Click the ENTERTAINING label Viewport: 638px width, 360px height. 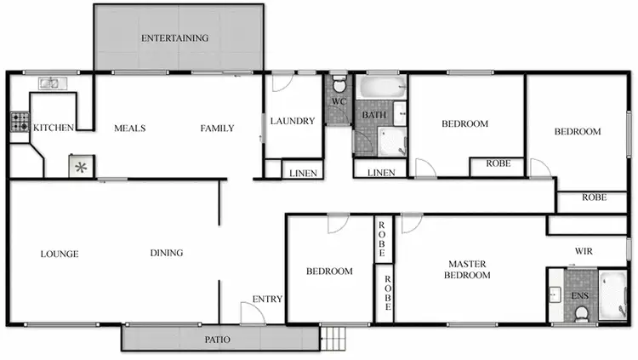click(174, 38)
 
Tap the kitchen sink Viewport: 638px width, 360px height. click(49, 83)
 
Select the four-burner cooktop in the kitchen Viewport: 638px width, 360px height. click(19, 123)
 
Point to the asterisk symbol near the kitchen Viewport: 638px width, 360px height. click(82, 166)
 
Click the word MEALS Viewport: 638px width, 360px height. click(130, 129)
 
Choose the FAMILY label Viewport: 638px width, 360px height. click(217, 129)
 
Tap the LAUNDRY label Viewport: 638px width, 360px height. click(293, 121)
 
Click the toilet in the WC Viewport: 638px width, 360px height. click(339, 85)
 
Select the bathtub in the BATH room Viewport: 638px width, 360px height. click(381, 87)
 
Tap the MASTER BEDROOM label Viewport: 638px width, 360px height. click(469, 269)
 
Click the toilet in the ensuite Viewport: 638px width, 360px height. click(583, 315)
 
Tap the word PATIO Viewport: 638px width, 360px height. click(217, 340)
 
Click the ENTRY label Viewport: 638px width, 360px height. click(267, 299)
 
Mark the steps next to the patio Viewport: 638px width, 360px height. click(335, 339)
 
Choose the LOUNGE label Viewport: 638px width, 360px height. click(60, 253)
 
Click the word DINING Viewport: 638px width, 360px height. click(167, 253)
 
